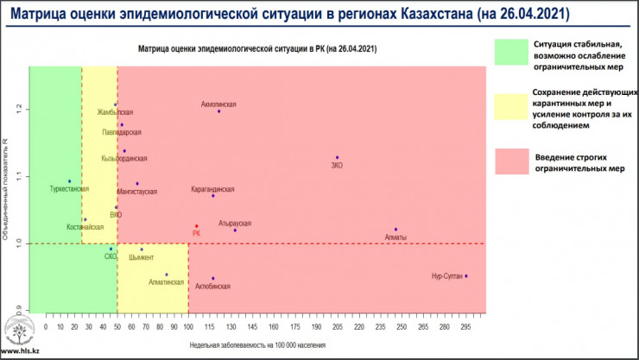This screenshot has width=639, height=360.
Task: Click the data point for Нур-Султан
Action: click(466, 276)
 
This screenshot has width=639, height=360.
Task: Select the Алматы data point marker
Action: click(395, 230)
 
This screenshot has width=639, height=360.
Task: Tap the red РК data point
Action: click(197, 226)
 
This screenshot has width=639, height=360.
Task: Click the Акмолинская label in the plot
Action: click(218, 104)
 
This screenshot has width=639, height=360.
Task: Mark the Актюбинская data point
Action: click(212, 278)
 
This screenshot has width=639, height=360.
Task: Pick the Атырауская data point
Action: click(235, 230)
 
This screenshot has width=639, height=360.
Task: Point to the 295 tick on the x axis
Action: click(466, 328)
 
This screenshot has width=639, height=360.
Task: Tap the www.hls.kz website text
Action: click(20, 352)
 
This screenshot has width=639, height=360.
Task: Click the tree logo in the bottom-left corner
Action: click(20, 331)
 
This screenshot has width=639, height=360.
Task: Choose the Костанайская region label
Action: click(85, 227)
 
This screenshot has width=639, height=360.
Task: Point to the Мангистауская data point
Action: click(137, 183)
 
